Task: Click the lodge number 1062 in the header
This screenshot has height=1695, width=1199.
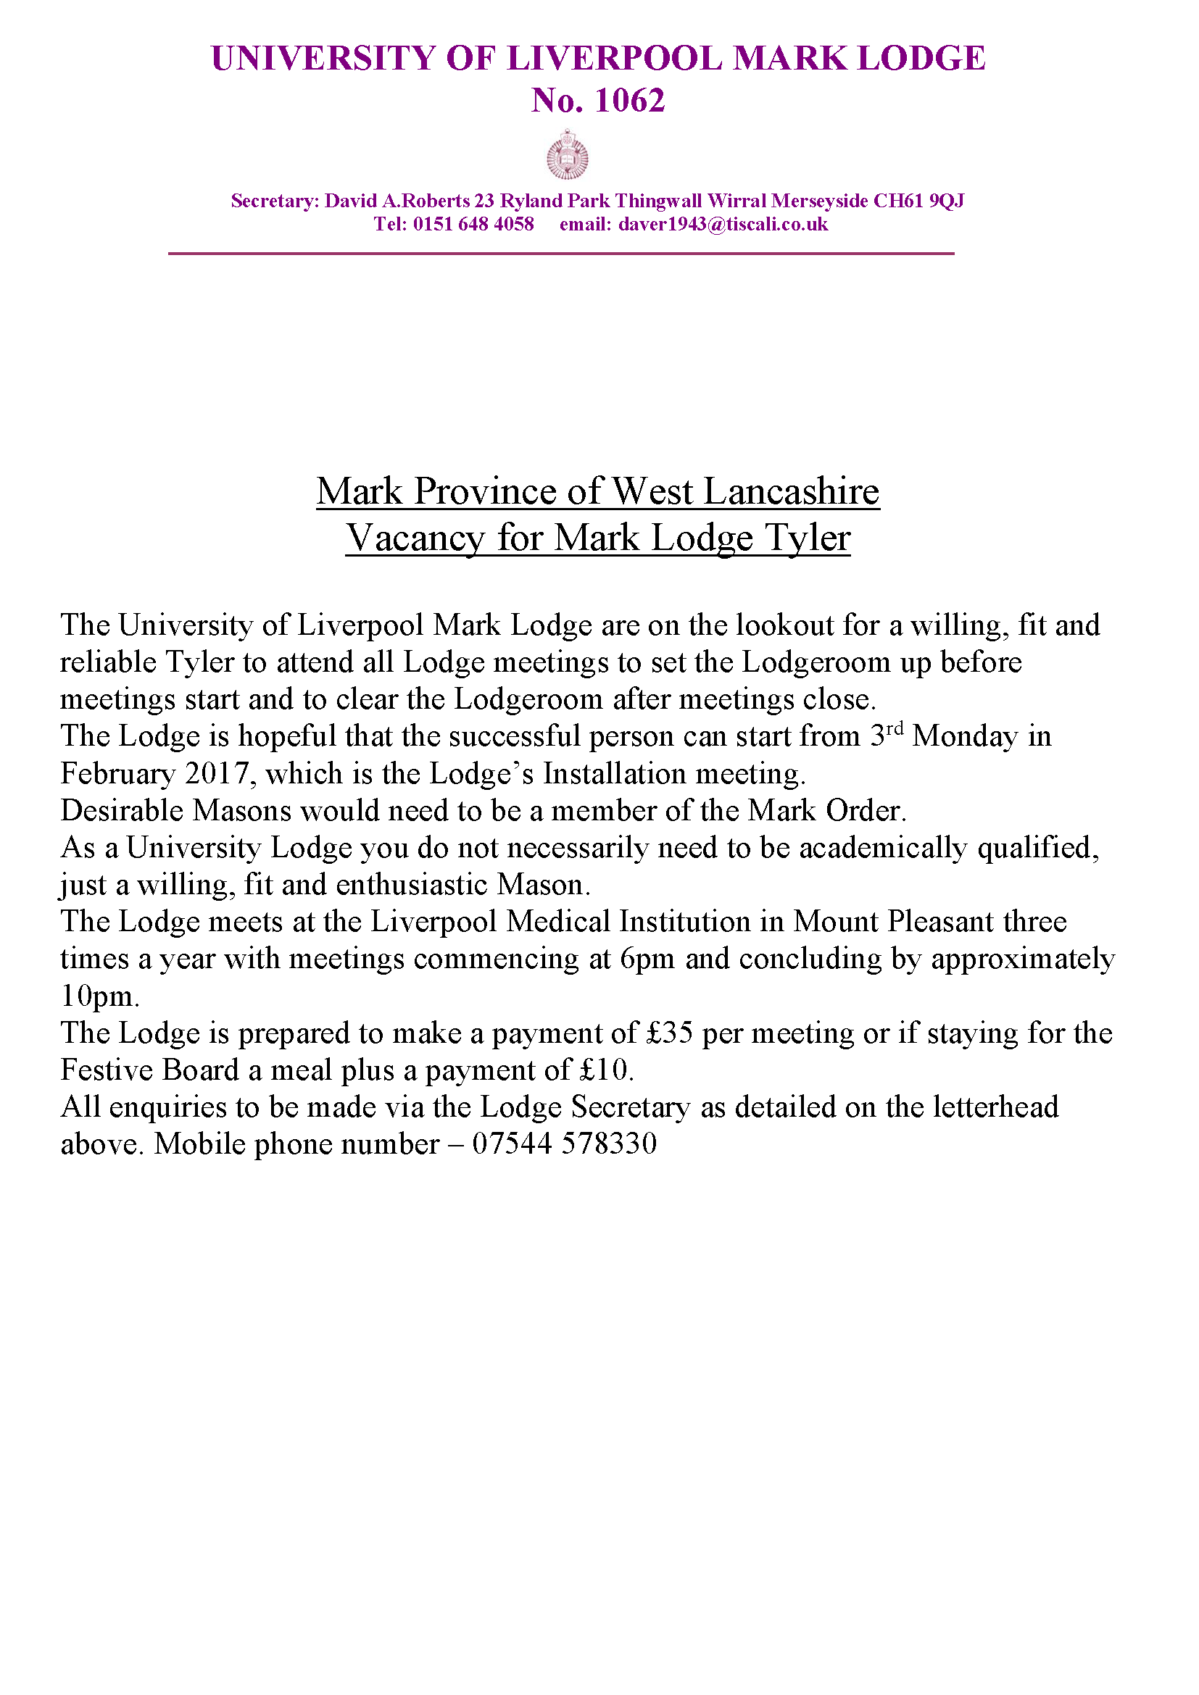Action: [629, 101]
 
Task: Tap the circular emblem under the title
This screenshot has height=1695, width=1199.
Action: [567, 155]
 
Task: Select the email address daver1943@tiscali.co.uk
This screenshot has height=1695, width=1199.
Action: [723, 225]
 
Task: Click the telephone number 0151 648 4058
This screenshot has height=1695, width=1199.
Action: [473, 225]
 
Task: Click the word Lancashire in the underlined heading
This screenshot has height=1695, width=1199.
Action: [791, 491]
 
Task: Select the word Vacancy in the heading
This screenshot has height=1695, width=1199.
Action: [415, 538]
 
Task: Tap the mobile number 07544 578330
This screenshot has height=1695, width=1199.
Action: [564, 1144]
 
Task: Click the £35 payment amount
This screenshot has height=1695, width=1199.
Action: [670, 1033]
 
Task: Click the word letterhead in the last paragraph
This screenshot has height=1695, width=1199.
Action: [995, 1107]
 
